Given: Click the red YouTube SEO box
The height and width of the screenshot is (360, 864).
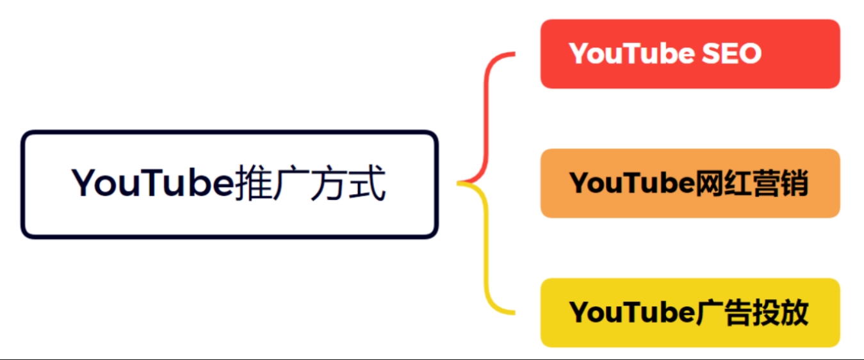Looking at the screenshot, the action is tap(690, 54).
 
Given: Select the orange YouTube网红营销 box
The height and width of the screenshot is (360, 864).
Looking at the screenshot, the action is tap(690, 183).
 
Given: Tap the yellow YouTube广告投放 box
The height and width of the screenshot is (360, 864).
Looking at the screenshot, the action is tap(690, 313).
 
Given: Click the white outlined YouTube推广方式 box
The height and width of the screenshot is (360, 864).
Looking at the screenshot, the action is tap(229, 184).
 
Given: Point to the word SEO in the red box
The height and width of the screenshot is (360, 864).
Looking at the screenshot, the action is tap(731, 53).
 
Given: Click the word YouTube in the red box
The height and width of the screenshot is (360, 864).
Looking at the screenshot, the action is tap(632, 53).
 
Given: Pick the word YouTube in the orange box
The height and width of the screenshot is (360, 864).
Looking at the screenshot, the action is tap(632, 183).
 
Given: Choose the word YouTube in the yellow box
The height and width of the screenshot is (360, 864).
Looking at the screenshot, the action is tap(632, 312).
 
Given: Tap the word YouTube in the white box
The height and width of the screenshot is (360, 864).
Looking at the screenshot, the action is tap(152, 183).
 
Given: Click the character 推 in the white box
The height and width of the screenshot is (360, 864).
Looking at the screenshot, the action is tap(252, 183).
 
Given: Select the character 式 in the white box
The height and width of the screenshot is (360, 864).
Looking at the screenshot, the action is tap(366, 183).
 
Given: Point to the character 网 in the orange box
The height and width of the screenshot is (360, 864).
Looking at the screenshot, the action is tap(710, 183).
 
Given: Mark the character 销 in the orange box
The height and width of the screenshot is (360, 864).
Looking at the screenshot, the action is tap(794, 183).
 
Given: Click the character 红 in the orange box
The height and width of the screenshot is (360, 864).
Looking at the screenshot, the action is tap(737, 183).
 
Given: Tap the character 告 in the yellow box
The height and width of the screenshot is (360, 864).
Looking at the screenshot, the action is tap(737, 312).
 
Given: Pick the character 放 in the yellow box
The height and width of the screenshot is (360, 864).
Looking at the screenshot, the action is tap(794, 312).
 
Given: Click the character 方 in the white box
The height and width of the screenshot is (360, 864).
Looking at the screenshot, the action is tap(329, 183).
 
